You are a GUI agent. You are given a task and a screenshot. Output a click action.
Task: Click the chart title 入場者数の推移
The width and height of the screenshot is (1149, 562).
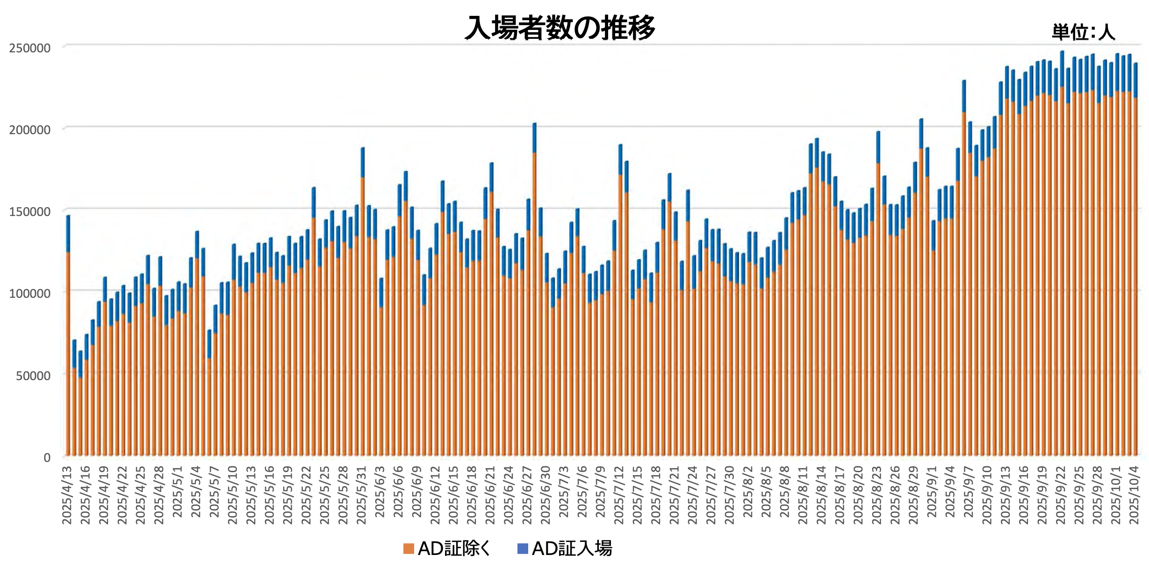(x=560, y=28)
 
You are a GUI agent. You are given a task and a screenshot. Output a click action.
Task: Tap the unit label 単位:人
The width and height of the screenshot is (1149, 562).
(x=1083, y=32)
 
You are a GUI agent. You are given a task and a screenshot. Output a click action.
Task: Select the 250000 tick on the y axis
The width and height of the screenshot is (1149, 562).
(x=30, y=48)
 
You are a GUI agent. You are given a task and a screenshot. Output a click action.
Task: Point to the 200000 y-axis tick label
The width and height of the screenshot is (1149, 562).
(x=30, y=130)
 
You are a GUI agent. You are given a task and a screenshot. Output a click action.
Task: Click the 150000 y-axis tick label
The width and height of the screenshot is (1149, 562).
(x=30, y=212)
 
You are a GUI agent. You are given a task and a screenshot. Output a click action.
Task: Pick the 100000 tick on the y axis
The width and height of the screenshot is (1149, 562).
(x=30, y=294)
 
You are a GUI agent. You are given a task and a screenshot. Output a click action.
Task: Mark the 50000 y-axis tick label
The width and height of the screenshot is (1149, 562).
(x=33, y=376)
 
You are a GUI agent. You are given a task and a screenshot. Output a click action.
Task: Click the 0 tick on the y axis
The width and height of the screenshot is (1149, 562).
(x=47, y=458)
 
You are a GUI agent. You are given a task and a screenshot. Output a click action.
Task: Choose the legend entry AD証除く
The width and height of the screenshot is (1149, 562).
(x=453, y=548)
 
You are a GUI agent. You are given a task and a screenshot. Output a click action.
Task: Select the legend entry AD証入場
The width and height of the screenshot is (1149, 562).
(x=572, y=548)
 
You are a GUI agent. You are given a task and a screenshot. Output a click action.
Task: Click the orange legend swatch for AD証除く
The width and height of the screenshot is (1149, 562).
(x=409, y=548)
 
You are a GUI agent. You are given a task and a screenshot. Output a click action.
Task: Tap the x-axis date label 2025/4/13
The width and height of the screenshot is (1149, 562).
(x=67, y=495)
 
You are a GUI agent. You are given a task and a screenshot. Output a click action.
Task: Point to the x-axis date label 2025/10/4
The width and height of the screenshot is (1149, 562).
(x=1135, y=495)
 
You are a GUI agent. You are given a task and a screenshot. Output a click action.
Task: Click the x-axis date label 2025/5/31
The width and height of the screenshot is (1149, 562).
(x=362, y=495)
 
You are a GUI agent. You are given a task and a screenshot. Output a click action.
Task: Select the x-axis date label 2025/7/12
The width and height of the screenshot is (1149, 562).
(x=619, y=495)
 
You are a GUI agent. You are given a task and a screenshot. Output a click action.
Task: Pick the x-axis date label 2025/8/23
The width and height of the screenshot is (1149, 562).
(x=877, y=495)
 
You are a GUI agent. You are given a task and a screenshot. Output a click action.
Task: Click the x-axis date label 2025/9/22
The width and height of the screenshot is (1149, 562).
(x=1061, y=495)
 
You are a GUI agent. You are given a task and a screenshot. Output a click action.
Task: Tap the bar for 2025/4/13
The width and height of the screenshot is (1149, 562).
(x=68, y=351)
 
